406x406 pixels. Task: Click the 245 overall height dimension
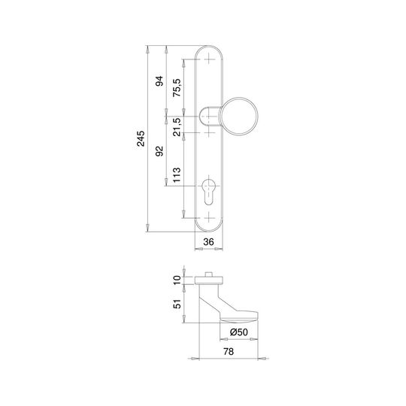tap(141, 139)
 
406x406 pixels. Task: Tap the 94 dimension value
tap(159, 81)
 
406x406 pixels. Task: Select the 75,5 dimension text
tap(177, 87)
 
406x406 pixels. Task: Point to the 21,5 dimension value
tap(177, 127)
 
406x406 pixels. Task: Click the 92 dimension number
tap(159, 151)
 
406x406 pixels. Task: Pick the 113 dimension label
tap(177, 174)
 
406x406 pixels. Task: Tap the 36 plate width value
tap(209, 242)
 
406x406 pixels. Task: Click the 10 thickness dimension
tap(177, 280)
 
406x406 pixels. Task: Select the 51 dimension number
tap(177, 304)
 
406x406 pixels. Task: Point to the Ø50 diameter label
tap(239, 332)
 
